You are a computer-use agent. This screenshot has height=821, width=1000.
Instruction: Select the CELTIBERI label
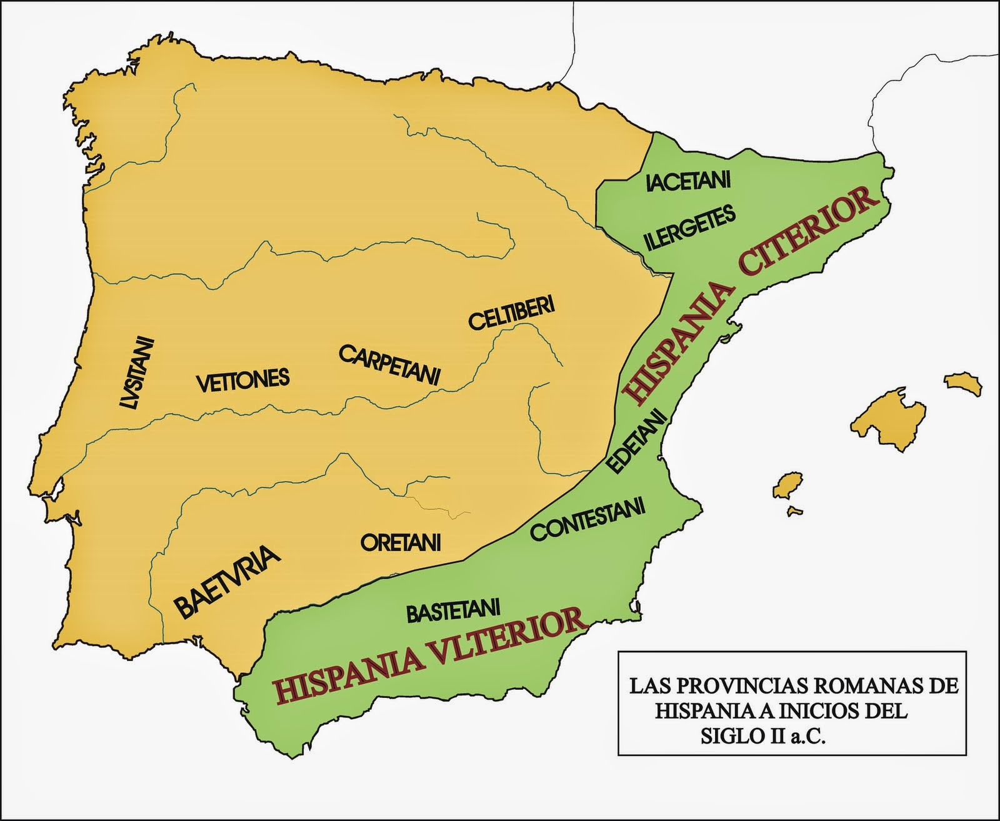pyautogui.click(x=511, y=314)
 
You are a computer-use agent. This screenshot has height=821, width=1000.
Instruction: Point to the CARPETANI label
pyautogui.click(x=390, y=365)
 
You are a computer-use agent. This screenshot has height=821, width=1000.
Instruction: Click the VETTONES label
pyautogui.click(x=244, y=381)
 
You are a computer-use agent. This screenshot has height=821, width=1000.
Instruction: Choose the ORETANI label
pyautogui.click(x=401, y=542)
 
